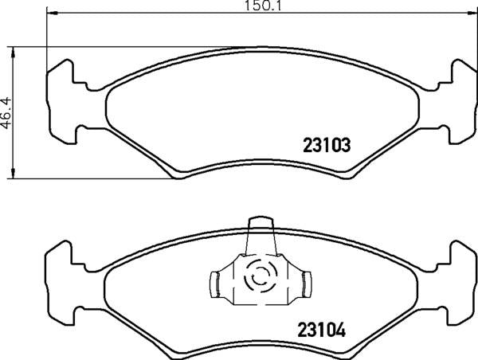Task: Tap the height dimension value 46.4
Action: point(7,112)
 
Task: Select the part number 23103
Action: point(327,146)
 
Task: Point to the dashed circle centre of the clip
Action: point(259,279)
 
